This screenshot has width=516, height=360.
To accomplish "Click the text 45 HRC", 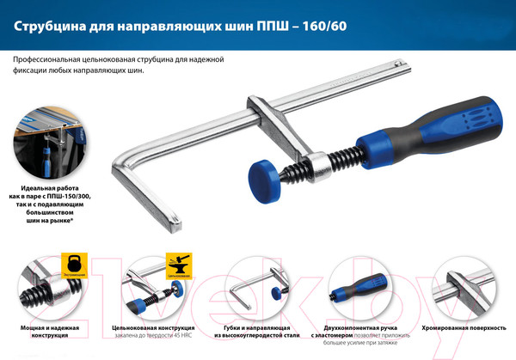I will tap(183, 337).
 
